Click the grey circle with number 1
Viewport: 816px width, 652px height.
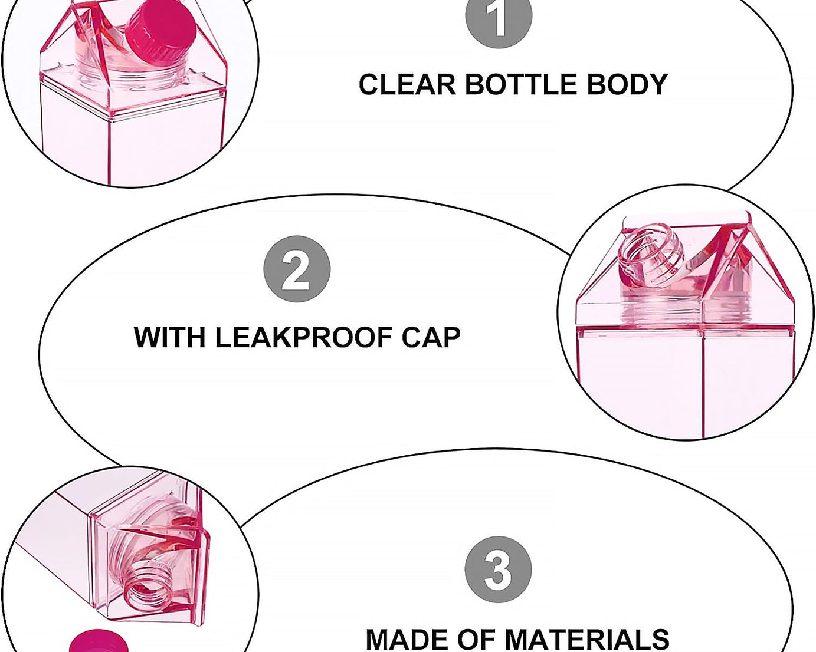499,18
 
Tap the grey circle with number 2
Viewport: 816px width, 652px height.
297,269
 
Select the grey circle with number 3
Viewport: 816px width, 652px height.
498,569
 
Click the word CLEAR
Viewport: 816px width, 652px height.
407,84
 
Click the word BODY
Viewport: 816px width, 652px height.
626,84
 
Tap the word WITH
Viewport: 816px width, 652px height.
169,338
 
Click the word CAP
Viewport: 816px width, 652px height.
431,338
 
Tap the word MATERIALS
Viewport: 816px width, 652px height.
586,640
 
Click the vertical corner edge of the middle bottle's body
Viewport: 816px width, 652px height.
702,383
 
